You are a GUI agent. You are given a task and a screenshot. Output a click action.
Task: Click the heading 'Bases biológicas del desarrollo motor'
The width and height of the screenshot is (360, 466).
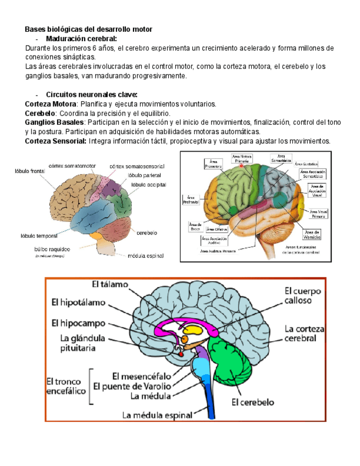(88, 29)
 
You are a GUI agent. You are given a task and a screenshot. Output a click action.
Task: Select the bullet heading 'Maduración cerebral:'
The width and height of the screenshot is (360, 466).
(81, 39)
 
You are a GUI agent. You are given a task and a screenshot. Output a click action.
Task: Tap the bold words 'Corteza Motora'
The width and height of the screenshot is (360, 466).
(49, 104)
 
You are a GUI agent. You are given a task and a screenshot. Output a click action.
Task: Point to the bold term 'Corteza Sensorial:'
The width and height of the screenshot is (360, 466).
(56, 141)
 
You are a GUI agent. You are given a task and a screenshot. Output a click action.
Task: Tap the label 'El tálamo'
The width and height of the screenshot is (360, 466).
(110, 285)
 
